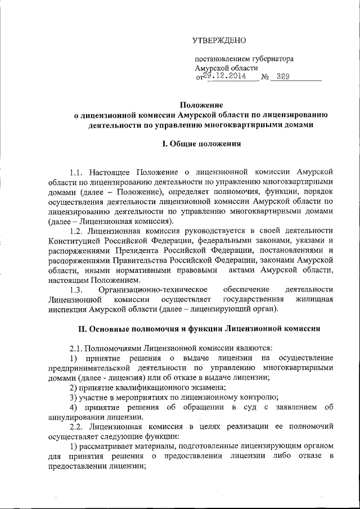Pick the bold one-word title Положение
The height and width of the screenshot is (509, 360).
201,105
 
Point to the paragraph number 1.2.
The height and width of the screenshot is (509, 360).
76,231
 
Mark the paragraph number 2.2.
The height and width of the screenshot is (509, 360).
76,427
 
